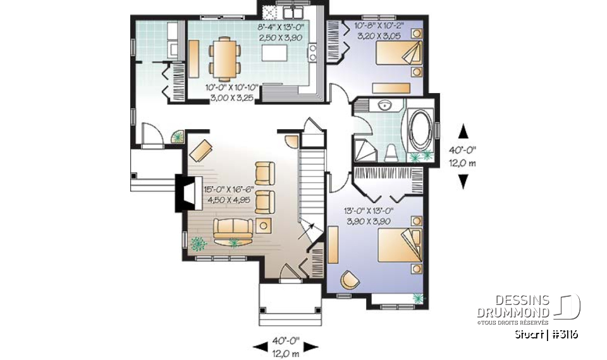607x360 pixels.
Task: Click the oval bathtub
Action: click(x=419, y=130)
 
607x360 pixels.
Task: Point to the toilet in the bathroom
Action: click(x=391, y=151)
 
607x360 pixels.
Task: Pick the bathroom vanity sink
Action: click(x=384, y=105)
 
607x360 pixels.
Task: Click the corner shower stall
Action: click(x=365, y=151)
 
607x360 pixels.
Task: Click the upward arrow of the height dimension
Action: click(x=463, y=131)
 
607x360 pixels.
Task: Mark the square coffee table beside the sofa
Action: click(x=264, y=224)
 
